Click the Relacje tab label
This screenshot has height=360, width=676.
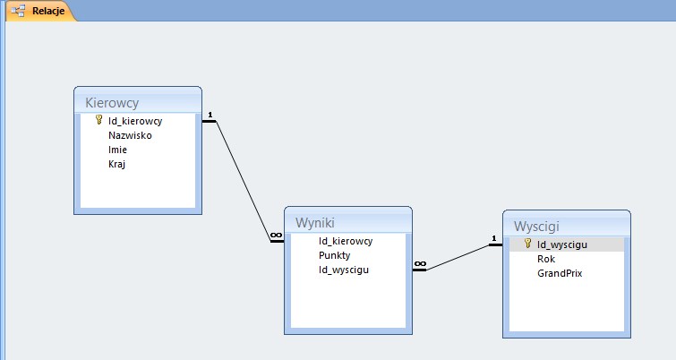tap(48, 11)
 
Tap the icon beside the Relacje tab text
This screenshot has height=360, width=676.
tap(18, 11)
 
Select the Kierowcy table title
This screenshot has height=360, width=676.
tap(112, 103)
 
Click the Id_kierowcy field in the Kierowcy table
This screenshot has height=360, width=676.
tap(135, 121)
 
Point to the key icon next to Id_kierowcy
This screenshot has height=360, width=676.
tap(98, 120)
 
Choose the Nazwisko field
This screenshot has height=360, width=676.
tap(130, 135)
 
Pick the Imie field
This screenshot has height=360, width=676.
tap(117, 150)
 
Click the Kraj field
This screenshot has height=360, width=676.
tap(116, 164)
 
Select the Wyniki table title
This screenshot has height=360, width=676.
tap(315, 223)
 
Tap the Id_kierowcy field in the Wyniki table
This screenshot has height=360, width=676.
tap(346, 241)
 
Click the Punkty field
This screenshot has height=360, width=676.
tap(335, 255)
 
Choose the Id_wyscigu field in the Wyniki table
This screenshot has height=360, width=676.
tap(344, 270)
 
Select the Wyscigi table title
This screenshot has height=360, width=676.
tap(536, 227)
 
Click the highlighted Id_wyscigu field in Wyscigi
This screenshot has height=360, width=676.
tap(562, 244)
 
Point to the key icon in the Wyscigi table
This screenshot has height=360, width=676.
tap(527, 244)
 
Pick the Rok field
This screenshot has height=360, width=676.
tap(546, 259)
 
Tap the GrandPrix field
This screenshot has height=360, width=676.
tap(560, 273)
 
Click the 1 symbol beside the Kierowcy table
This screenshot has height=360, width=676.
tap(210, 115)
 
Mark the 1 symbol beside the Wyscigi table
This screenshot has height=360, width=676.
tap(494, 238)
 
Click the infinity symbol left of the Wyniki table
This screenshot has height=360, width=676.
tap(276, 236)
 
